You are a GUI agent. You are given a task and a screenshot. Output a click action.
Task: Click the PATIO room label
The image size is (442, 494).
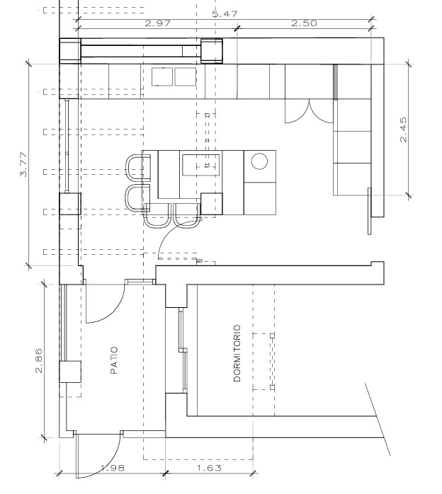114,360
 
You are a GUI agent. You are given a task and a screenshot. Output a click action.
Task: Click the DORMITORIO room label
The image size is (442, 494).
237,353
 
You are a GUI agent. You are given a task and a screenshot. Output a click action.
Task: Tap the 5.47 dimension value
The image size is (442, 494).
225,14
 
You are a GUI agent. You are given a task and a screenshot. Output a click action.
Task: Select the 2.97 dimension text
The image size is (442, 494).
158,23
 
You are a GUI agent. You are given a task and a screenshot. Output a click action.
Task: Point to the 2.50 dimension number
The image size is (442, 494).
304,23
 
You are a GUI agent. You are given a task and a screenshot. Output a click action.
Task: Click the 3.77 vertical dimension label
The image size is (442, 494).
24,164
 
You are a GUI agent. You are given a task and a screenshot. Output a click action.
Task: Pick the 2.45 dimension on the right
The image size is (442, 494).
403,130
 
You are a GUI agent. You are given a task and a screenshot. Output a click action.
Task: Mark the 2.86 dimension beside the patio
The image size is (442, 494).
39,360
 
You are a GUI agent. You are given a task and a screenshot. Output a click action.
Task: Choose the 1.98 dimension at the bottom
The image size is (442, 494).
113,468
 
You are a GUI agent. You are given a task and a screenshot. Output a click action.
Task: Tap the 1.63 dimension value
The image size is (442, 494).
209,468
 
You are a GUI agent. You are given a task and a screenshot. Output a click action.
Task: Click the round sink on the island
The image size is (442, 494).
259,161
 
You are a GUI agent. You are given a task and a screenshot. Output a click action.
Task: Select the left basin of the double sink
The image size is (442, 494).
162,76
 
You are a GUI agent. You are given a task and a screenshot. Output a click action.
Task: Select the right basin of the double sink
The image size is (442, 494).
186,76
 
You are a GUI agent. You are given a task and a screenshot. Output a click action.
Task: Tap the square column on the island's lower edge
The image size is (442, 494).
212,204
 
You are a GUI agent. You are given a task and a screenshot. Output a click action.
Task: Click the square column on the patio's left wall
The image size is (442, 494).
70,372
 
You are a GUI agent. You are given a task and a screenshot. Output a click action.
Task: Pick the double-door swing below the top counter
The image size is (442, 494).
310,111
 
